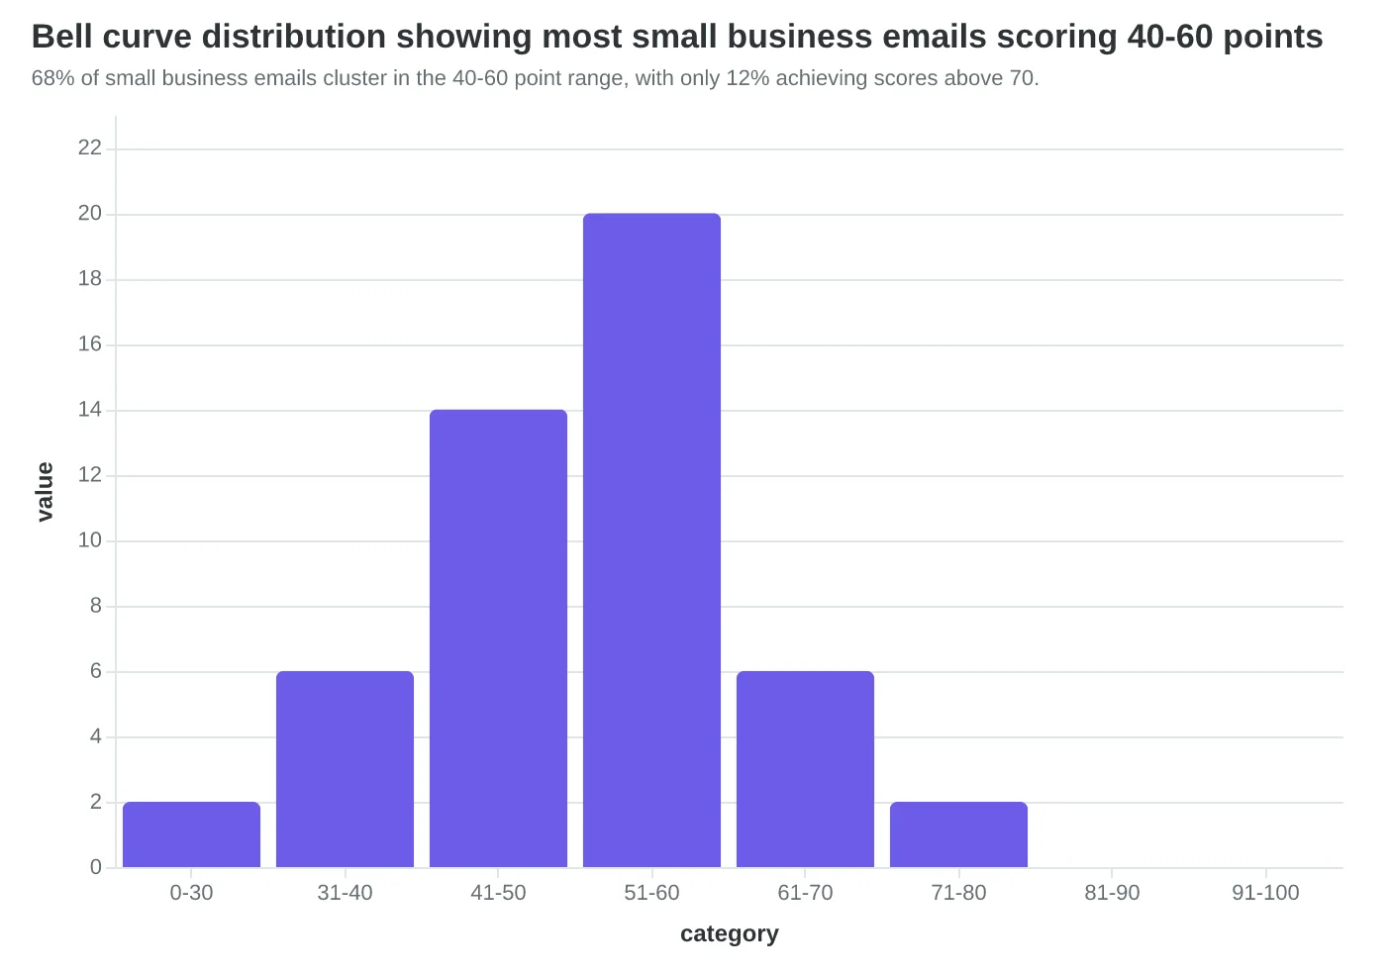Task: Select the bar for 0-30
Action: (x=191, y=834)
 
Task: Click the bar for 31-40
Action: (x=345, y=769)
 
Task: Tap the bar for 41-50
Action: (x=498, y=637)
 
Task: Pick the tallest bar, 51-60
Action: (x=651, y=539)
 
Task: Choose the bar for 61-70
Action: (x=805, y=769)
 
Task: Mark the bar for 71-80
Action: (x=959, y=834)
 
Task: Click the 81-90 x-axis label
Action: (x=1112, y=893)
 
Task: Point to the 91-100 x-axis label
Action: (x=1265, y=893)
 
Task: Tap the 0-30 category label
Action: (x=191, y=893)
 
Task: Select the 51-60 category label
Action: (x=651, y=893)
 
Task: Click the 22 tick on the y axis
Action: (x=89, y=147)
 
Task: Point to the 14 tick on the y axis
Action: (x=89, y=410)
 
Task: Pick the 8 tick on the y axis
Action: (x=96, y=606)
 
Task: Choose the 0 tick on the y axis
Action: (x=96, y=867)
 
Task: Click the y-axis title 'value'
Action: (x=45, y=492)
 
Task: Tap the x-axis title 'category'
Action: (x=730, y=933)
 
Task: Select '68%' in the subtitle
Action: (x=53, y=78)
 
